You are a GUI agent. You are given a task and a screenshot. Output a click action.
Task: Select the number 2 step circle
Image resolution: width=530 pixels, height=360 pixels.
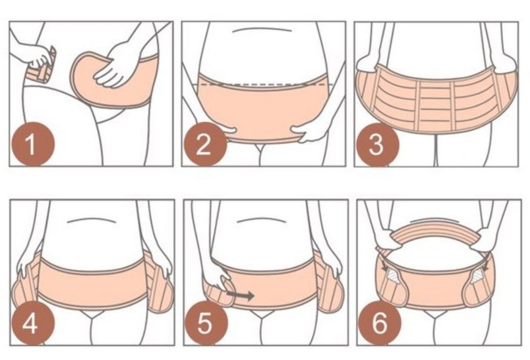click(x=204, y=144)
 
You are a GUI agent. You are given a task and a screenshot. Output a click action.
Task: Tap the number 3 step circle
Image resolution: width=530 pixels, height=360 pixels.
click(x=376, y=144)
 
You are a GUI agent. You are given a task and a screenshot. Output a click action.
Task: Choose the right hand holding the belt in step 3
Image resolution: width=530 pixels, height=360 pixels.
click(x=503, y=65)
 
